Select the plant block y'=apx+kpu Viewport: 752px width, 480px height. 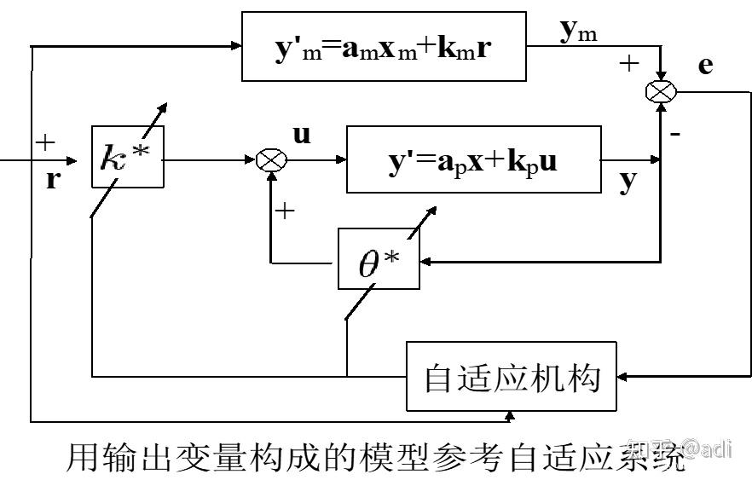[472, 159]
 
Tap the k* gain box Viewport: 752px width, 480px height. [127, 158]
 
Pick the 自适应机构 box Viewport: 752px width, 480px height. [512, 375]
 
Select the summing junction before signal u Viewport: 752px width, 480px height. [272, 159]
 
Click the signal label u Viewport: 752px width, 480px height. [302, 135]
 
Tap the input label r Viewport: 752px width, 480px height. [53, 179]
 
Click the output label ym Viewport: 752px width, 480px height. [579, 32]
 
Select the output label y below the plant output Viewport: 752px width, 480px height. [628, 181]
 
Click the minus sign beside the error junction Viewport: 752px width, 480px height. [674, 134]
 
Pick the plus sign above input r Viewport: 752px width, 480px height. [44, 142]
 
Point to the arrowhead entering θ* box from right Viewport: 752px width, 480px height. [426, 263]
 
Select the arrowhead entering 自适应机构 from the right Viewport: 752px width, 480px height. [624, 375]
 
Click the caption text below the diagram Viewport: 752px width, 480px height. [375, 458]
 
